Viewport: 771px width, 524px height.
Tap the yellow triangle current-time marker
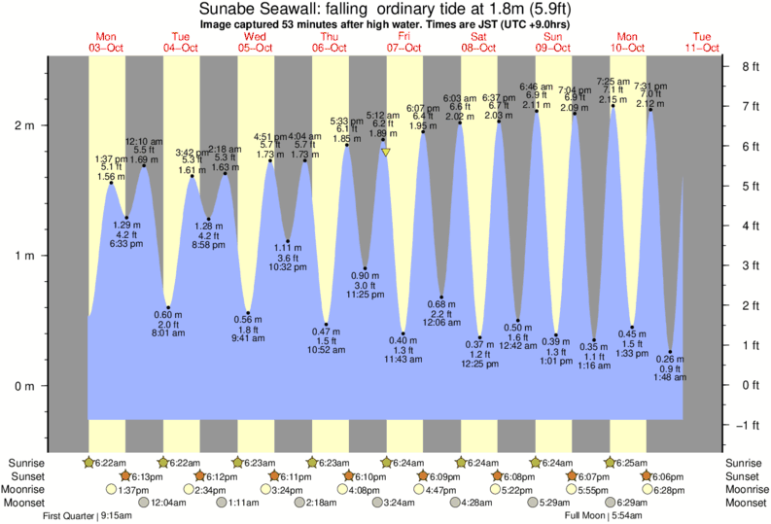click(x=386, y=153)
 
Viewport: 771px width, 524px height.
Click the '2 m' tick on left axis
click(x=23, y=125)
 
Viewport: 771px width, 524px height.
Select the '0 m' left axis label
click(x=23, y=386)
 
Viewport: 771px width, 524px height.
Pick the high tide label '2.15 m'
click(x=613, y=100)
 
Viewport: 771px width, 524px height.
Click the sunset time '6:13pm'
click(x=143, y=476)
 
